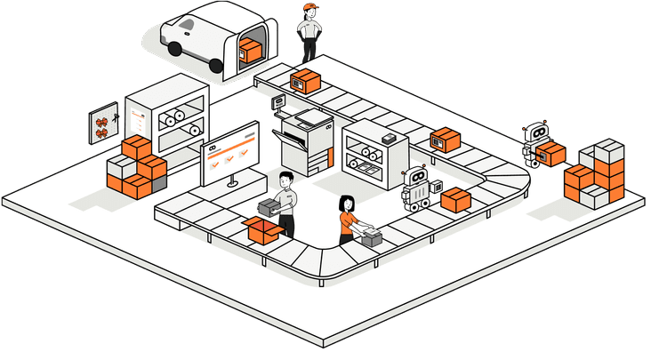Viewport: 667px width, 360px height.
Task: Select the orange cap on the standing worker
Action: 309,7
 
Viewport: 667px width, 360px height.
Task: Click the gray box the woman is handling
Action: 371,236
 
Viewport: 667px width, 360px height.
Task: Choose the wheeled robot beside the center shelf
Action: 415,189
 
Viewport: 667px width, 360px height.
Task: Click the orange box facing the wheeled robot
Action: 455,199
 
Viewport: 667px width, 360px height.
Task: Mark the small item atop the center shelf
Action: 389,140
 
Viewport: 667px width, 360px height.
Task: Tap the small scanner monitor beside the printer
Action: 278,102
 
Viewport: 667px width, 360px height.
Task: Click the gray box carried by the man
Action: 269,207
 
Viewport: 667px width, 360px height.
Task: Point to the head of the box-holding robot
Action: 536,132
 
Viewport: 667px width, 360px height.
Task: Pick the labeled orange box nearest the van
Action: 305,81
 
